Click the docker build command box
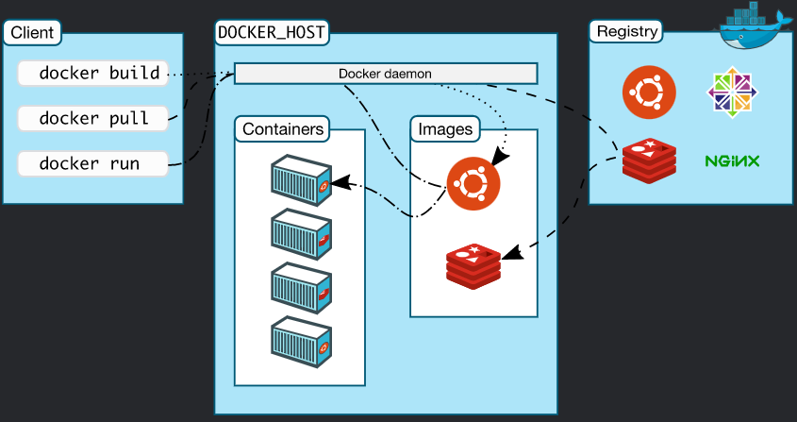[x=93, y=74]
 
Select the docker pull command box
[x=93, y=119]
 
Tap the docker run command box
[x=93, y=164]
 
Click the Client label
[x=32, y=33]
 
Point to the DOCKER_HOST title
[x=271, y=32]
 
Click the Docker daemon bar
[x=385, y=74]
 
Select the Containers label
[x=283, y=128]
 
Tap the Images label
[x=445, y=129]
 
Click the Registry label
[x=626, y=31]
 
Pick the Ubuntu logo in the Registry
[x=649, y=93]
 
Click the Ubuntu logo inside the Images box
[x=473, y=183]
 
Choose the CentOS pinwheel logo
[x=732, y=93]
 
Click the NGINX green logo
[x=732, y=161]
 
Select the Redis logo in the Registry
[x=649, y=160]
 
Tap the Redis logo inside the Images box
[x=473, y=266]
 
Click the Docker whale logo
[x=755, y=25]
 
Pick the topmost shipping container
[x=302, y=180]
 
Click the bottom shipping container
[x=302, y=342]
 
